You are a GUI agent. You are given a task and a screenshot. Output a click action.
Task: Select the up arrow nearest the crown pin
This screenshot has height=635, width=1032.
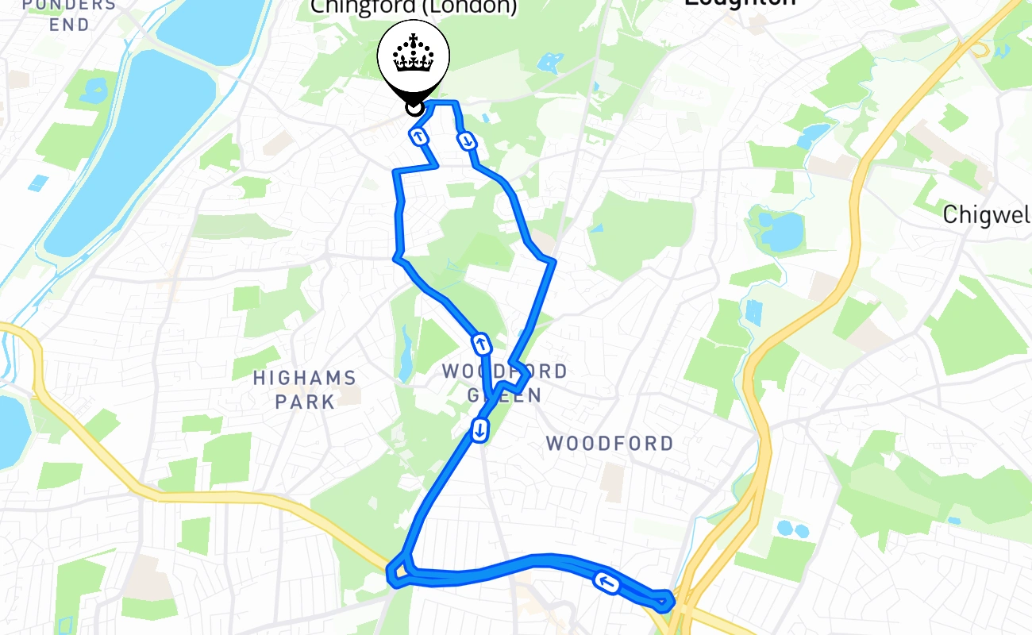(418, 137)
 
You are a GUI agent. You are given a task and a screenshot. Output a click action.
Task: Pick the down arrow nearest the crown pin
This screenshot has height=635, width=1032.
(467, 141)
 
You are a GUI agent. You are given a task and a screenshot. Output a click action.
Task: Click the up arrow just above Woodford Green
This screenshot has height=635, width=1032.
(481, 344)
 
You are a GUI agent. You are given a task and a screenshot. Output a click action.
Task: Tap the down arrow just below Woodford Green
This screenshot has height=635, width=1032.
(479, 430)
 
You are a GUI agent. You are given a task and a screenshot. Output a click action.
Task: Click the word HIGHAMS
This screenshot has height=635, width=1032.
(304, 378)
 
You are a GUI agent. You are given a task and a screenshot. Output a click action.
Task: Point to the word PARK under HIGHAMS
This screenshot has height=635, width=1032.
(306, 401)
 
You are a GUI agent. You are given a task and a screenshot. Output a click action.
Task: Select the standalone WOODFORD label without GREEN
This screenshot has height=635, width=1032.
(610, 443)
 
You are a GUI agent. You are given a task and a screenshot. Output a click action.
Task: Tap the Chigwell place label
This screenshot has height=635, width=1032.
(987, 214)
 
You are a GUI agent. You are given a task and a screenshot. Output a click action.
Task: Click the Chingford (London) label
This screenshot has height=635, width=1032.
(413, 7)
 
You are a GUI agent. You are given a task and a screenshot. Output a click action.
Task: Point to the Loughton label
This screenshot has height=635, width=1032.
(740, 3)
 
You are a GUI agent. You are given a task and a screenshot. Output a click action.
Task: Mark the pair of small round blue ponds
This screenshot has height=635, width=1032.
(792, 528)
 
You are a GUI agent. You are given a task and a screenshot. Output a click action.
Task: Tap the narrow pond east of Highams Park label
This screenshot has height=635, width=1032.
(406, 352)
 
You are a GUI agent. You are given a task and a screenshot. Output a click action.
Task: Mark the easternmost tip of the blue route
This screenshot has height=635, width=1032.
(672, 599)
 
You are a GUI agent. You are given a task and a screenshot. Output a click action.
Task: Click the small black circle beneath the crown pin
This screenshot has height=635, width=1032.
(413, 106)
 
